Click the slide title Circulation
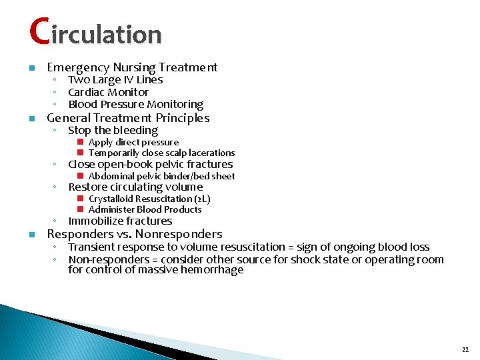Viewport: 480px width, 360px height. (95, 33)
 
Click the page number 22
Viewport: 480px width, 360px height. (465, 349)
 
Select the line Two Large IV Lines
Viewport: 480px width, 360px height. (115, 80)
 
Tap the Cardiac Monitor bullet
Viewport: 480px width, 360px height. (108, 92)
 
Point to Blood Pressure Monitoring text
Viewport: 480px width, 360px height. (135, 104)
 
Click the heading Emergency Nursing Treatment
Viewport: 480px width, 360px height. (132, 67)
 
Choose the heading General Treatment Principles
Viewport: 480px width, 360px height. (128, 118)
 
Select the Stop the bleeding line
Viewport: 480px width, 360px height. (113, 131)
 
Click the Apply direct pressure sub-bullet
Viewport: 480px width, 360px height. (133, 142)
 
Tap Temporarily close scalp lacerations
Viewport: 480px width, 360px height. (161, 153)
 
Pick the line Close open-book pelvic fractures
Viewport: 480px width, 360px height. (150, 164)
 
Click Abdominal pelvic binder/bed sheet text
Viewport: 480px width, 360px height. (161, 176)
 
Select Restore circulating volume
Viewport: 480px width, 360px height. (135, 187)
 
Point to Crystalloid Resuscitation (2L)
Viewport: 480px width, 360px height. (149, 199)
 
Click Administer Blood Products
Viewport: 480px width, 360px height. (145, 209)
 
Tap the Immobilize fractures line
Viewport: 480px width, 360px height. (120, 221)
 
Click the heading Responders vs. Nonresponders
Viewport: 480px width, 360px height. (134, 234)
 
